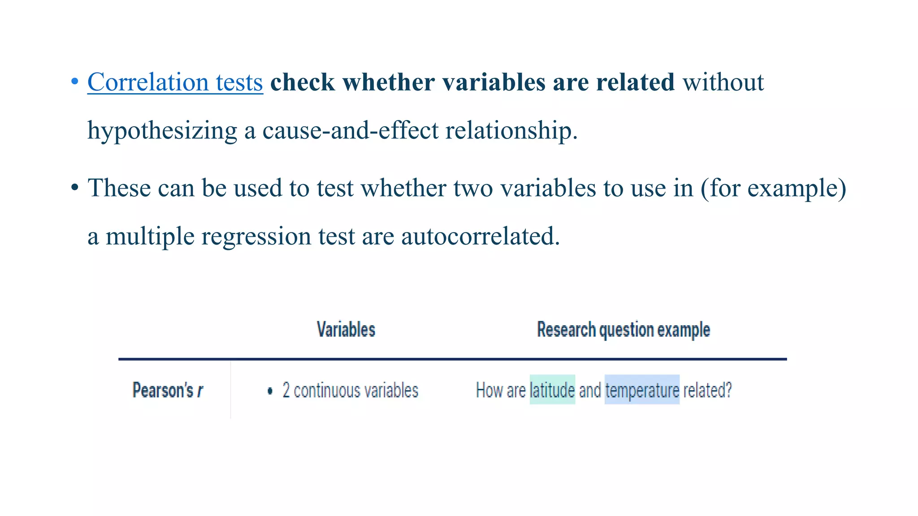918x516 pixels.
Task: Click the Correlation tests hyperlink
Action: (175, 82)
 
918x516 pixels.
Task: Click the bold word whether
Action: (388, 82)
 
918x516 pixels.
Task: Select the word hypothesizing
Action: (162, 131)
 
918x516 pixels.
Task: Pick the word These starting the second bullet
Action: (119, 188)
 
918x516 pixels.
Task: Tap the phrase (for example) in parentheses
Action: (773, 188)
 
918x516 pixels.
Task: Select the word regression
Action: (256, 236)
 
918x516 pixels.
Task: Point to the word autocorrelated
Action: (480, 236)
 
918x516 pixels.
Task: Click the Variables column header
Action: (346, 330)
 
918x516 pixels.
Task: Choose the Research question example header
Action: (624, 330)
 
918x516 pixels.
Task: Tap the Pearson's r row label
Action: (168, 390)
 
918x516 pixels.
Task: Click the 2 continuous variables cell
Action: (350, 391)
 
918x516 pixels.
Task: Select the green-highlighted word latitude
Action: (552, 390)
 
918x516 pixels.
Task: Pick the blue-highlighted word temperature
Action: (642, 390)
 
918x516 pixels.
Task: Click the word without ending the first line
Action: (723, 82)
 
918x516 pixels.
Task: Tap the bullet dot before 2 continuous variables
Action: (270, 391)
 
